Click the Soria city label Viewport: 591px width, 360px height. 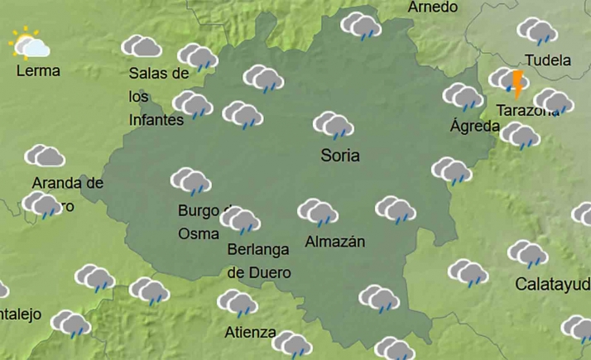(341, 155)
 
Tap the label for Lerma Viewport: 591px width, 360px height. (38, 70)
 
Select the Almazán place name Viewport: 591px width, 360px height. (335, 242)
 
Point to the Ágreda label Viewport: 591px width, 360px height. (474, 127)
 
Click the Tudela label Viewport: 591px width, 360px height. (547, 60)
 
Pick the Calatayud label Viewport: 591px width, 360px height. (552, 285)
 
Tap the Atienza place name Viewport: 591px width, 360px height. (251, 333)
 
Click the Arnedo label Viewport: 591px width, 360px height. (433, 7)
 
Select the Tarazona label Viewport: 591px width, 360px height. (526, 110)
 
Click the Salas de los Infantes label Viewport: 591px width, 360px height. (158, 96)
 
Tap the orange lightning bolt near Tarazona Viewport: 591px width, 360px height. (518, 84)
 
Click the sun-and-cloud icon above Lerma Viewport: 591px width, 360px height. (29, 44)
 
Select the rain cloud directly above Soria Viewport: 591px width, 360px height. (334, 126)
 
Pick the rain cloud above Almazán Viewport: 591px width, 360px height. (318, 213)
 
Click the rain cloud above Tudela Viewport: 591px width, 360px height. (537, 31)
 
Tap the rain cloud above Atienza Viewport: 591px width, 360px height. (238, 304)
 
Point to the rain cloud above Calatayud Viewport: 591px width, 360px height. (527, 254)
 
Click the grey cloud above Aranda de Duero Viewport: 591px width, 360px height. (45, 156)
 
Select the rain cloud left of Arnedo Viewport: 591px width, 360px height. (361, 26)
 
